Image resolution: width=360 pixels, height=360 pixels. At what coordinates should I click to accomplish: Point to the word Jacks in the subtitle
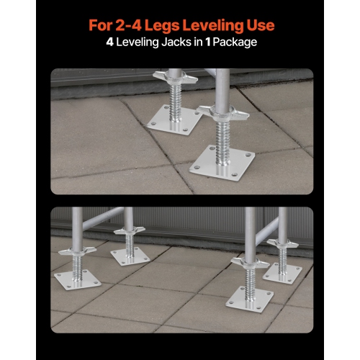click(x=179, y=42)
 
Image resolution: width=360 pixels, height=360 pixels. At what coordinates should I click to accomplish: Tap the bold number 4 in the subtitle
click(x=111, y=42)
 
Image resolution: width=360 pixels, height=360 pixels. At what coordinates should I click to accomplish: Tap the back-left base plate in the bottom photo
click(x=128, y=255)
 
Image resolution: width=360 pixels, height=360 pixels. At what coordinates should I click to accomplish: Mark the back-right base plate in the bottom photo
click(x=282, y=271)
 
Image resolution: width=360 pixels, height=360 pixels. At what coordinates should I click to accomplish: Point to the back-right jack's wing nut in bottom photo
click(x=282, y=243)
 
